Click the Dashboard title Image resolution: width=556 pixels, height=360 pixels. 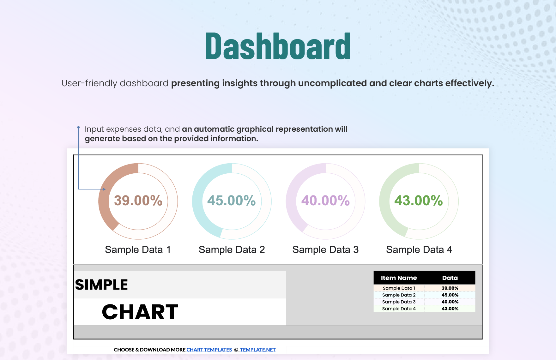click(278, 46)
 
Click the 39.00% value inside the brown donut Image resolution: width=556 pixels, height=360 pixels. click(138, 201)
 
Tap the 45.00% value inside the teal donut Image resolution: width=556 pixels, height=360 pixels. click(232, 201)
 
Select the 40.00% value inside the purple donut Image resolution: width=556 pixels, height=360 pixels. click(325, 201)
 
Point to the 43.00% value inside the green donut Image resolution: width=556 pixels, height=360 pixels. click(419, 201)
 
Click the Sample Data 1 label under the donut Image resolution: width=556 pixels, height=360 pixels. click(138, 249)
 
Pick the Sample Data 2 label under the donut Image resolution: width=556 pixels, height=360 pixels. click(232, 249)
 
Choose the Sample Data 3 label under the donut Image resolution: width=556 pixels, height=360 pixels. click(325, 249)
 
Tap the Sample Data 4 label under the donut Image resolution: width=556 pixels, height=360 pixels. click(419, 249)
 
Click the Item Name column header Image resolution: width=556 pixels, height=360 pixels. click(399, 278)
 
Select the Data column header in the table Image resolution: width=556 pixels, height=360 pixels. click(450, 278)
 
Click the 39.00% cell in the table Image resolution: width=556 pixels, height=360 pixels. click(450, 288)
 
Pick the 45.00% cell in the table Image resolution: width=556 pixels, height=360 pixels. click(450, 295)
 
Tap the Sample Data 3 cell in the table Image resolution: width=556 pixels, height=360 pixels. click(399, 302)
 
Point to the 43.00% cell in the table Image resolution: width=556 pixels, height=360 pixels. click(450, 309)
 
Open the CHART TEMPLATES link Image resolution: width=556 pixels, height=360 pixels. click(209, 350)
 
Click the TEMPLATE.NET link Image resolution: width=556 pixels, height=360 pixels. click(257, 350)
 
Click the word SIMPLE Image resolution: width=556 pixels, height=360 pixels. click(101, 285)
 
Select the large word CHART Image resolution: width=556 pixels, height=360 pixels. click(140, 312)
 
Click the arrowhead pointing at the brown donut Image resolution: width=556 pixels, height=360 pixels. click(104, 189)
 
